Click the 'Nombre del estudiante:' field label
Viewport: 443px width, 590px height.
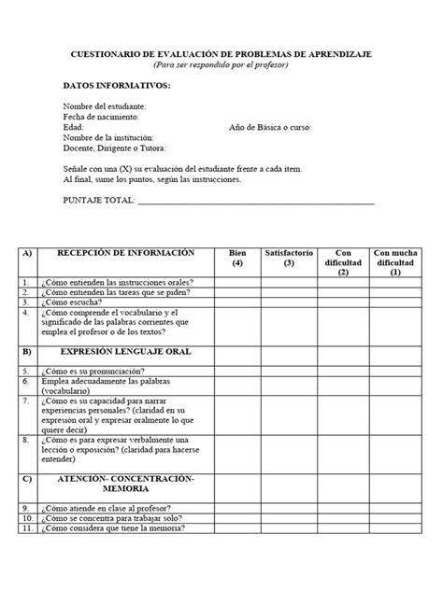coord(105,106)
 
